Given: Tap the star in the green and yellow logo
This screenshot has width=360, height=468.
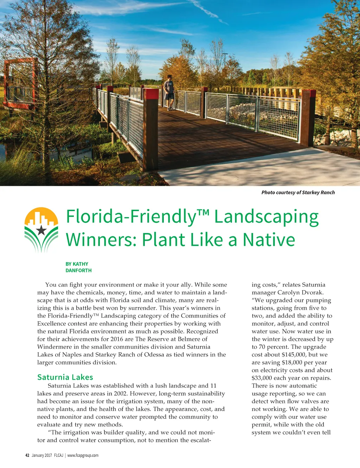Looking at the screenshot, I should point(41,230).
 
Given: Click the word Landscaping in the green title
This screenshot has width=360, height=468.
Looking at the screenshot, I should point(266,217).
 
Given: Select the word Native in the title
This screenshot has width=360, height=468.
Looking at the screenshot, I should point(269,240).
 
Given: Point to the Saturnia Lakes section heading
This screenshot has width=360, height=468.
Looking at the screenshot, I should point(65,377).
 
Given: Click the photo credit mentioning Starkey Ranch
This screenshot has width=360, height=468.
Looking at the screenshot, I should point(298,192).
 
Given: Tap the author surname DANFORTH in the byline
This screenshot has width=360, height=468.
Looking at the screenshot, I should point(78,271).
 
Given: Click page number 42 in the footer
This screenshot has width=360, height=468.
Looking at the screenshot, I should point(27,455).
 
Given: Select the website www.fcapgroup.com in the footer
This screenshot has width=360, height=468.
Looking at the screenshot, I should point(83,455).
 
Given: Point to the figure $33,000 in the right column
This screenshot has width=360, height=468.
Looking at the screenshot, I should point(261,378).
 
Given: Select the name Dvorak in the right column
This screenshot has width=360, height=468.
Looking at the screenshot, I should point(312,292).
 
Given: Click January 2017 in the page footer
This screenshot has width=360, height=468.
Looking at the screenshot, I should point(41,455).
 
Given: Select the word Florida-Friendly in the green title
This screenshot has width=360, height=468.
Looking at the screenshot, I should point(131,217).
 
